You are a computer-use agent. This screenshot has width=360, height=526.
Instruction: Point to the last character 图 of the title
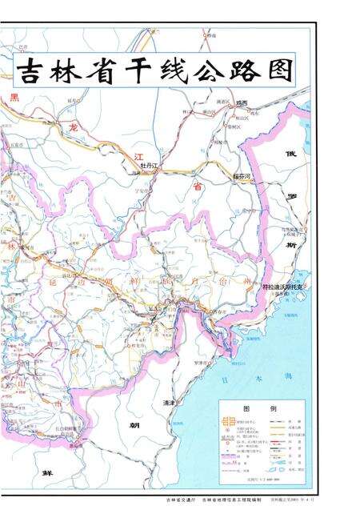click(x=275, y=70)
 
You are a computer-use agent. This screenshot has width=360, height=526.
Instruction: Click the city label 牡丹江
click(x=150, y=166)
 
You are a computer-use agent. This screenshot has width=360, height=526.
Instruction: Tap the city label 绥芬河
click(x=219, y=174)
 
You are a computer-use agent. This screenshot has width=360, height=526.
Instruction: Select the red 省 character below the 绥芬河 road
click(x=195, y=187)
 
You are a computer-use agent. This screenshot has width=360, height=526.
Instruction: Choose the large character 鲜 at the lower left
click(x=49, y=473)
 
